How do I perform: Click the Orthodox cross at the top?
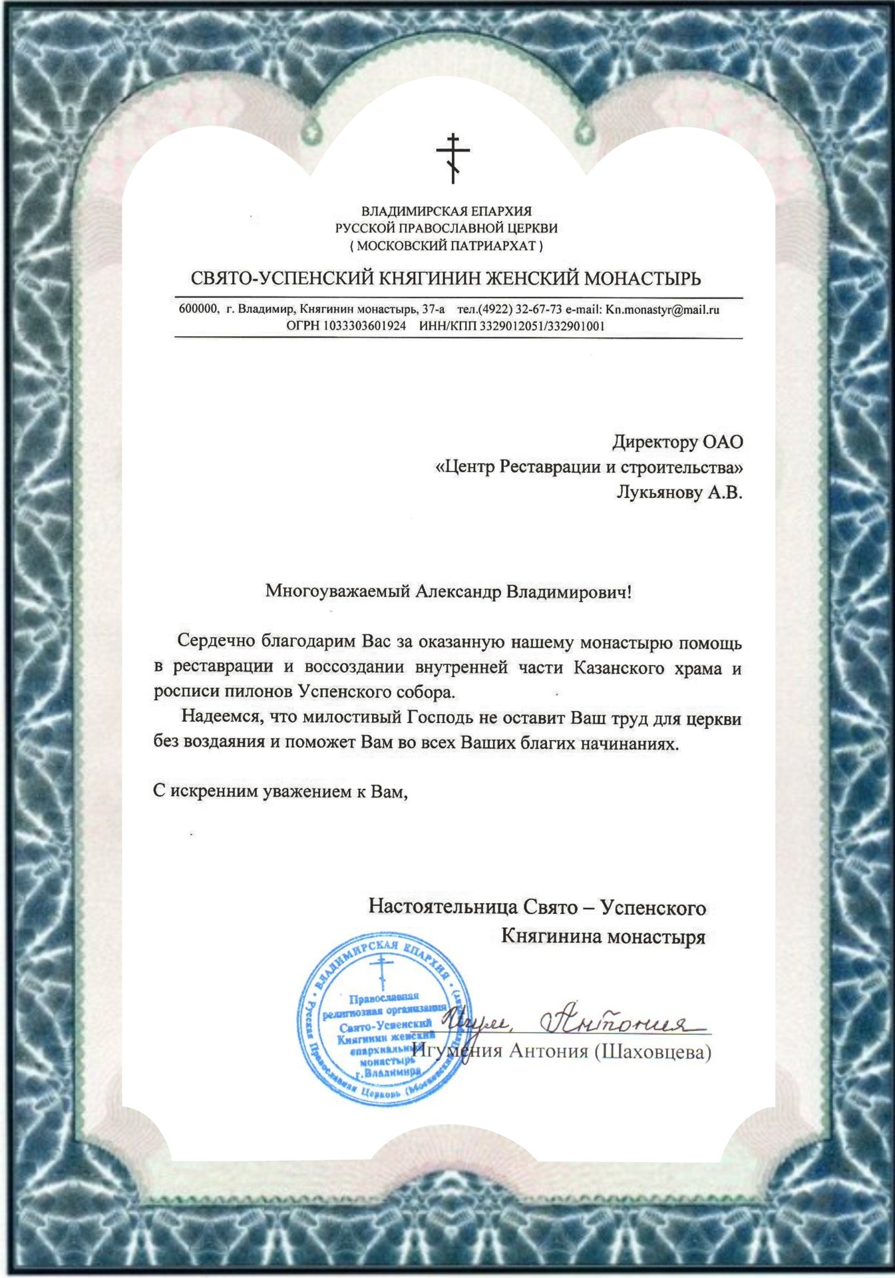tap(452, 158)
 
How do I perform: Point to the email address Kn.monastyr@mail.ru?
tap(662, 310)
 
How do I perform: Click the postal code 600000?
tap(198, 310)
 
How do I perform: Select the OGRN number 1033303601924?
tap(365, 326)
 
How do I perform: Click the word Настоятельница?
tap(442, 907)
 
